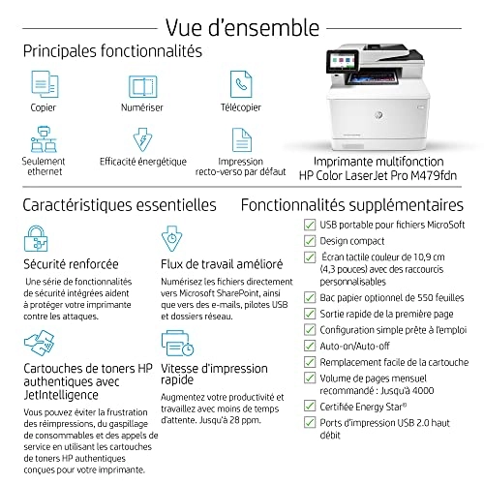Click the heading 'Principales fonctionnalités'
click(x=112, y=49)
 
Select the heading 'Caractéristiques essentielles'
click(x=119, y=205)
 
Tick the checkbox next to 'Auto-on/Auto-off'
click(x=254, y=345)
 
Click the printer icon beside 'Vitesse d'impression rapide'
click(x=171, y=345)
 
